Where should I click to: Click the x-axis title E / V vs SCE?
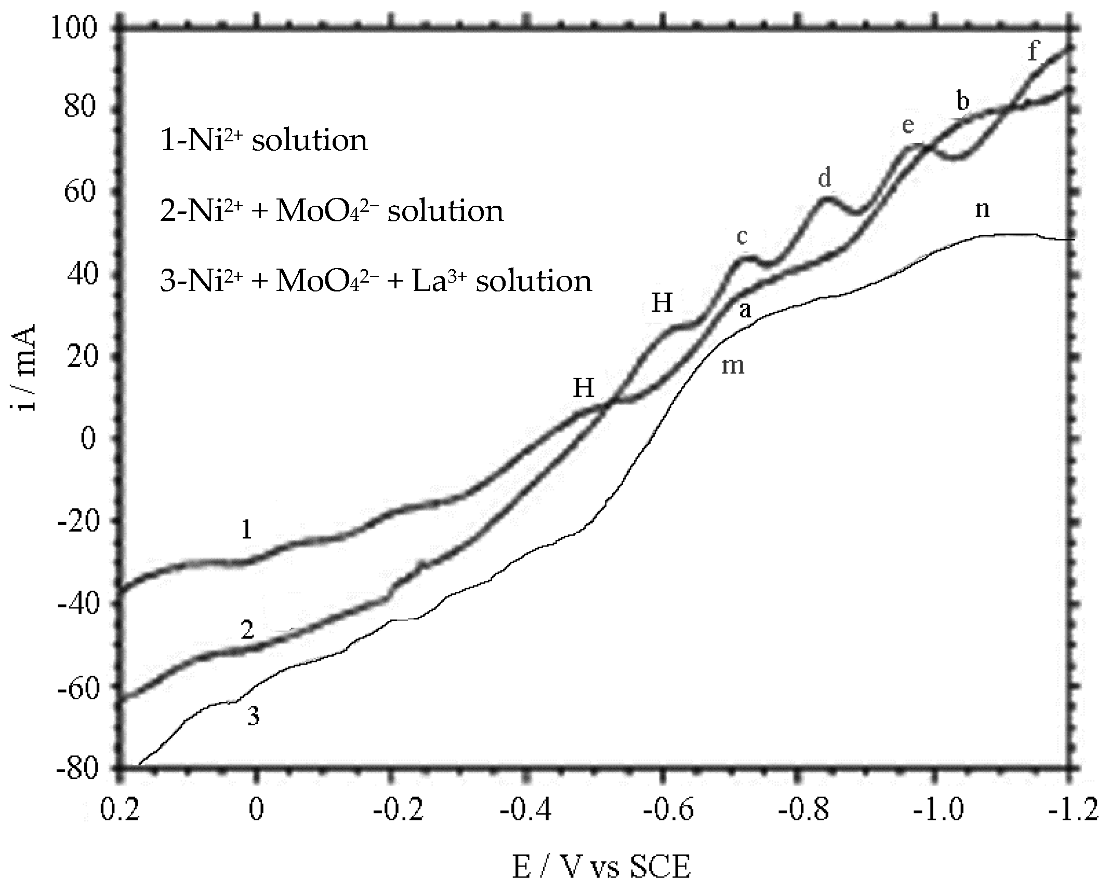click(601, 867)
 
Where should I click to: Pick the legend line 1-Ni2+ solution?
click(264, 140)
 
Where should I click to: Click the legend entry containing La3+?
click(376, 282)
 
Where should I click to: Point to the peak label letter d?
click(825, 178)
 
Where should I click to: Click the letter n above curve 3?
click(982, 209)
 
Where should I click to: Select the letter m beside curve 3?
click(733, 366)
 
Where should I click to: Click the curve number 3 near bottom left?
click(253, 717)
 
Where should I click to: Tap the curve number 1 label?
click(247, 530)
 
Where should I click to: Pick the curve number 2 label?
click(247, 630)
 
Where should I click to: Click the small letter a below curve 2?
click(745, 310)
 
